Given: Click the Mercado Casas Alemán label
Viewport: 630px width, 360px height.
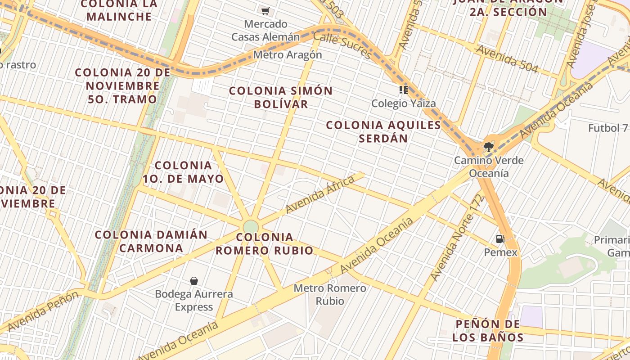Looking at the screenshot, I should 265,30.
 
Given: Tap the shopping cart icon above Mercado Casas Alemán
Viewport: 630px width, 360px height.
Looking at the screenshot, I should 265,11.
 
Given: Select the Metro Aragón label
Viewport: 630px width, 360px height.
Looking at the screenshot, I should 288,55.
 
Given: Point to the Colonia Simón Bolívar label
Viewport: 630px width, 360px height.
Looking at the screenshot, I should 281,97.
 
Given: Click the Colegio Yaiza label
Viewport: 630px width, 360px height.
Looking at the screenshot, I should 404,103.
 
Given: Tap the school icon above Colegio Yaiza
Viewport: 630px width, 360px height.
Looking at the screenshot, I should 403,90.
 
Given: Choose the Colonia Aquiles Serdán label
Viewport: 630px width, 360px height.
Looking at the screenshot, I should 383,131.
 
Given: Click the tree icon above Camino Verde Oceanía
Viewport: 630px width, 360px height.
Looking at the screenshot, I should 488,146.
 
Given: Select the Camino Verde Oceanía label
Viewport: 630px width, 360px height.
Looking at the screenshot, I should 489,166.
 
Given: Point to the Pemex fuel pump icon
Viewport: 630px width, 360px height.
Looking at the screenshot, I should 500,239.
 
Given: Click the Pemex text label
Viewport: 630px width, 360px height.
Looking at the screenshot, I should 501,252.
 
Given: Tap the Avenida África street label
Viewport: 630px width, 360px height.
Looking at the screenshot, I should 320,194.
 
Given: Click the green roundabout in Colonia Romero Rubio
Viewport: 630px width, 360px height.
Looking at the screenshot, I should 251,226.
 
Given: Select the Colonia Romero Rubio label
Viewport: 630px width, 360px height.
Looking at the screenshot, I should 265,243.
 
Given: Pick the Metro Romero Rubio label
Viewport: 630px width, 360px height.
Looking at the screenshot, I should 330,294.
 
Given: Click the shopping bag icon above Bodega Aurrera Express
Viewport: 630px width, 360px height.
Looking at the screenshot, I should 194,281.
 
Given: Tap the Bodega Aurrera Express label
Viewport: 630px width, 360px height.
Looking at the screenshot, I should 194,301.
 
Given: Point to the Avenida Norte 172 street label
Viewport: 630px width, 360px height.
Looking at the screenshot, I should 457,238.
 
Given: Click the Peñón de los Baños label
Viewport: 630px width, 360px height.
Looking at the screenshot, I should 488,331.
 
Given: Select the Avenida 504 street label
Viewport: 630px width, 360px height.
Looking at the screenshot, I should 507,58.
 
